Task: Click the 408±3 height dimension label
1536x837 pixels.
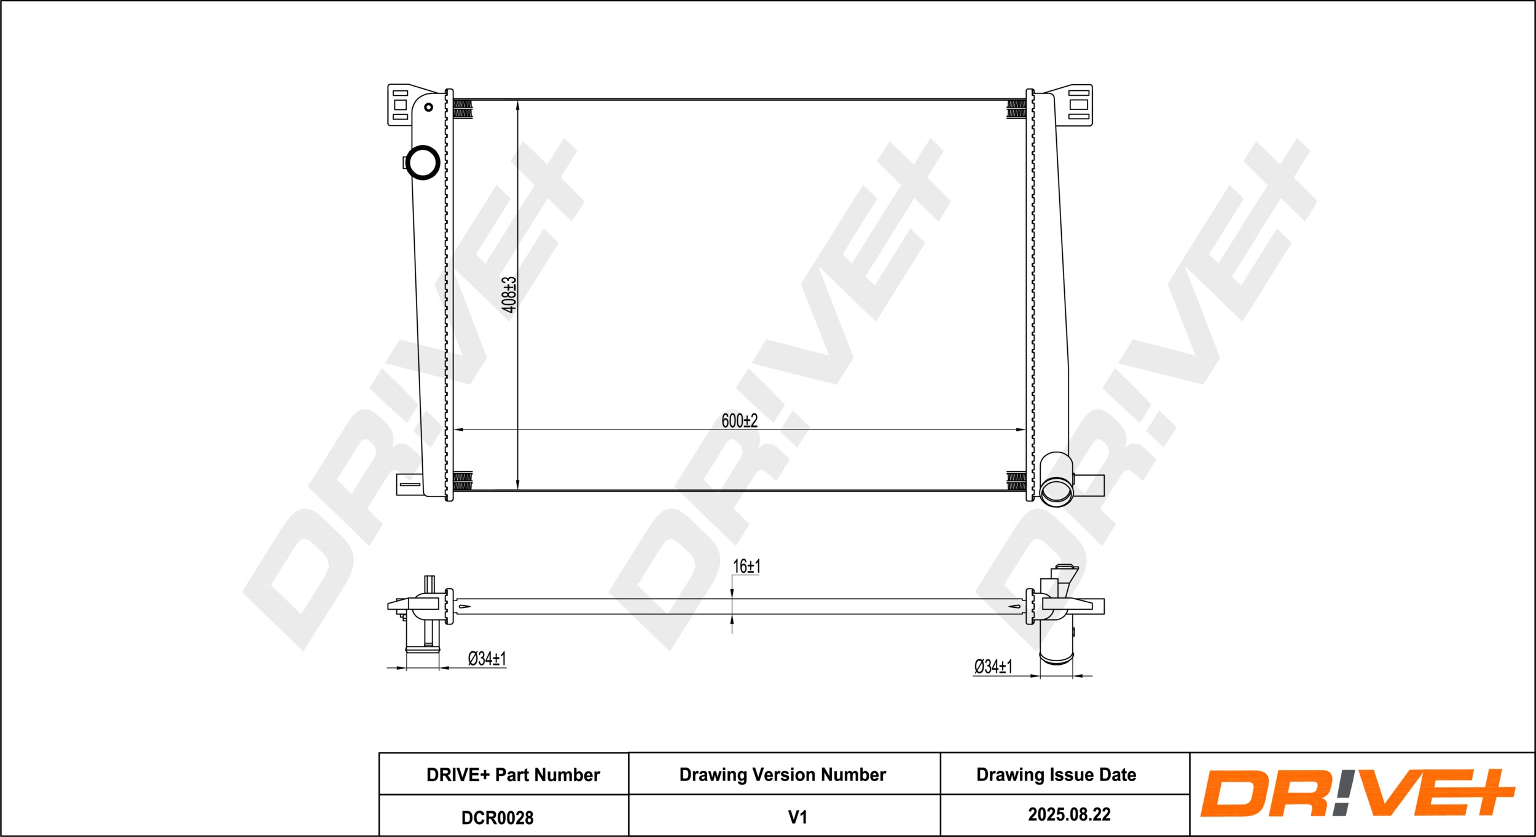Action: (509, 294)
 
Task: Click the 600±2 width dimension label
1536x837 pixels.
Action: (739, 421)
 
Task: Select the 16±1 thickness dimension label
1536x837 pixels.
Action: (746, 566)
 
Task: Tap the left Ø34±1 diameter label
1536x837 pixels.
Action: (487, 659)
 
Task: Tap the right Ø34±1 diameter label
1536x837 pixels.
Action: (993, 666)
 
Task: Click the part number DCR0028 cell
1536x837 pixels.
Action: (497, 818)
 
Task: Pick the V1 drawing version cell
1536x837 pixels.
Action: (797, 817)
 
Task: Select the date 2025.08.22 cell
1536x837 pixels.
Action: (1069, 815)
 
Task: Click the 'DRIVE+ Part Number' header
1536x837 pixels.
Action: (513, 775)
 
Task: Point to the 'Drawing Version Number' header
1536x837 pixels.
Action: (782, 775)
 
